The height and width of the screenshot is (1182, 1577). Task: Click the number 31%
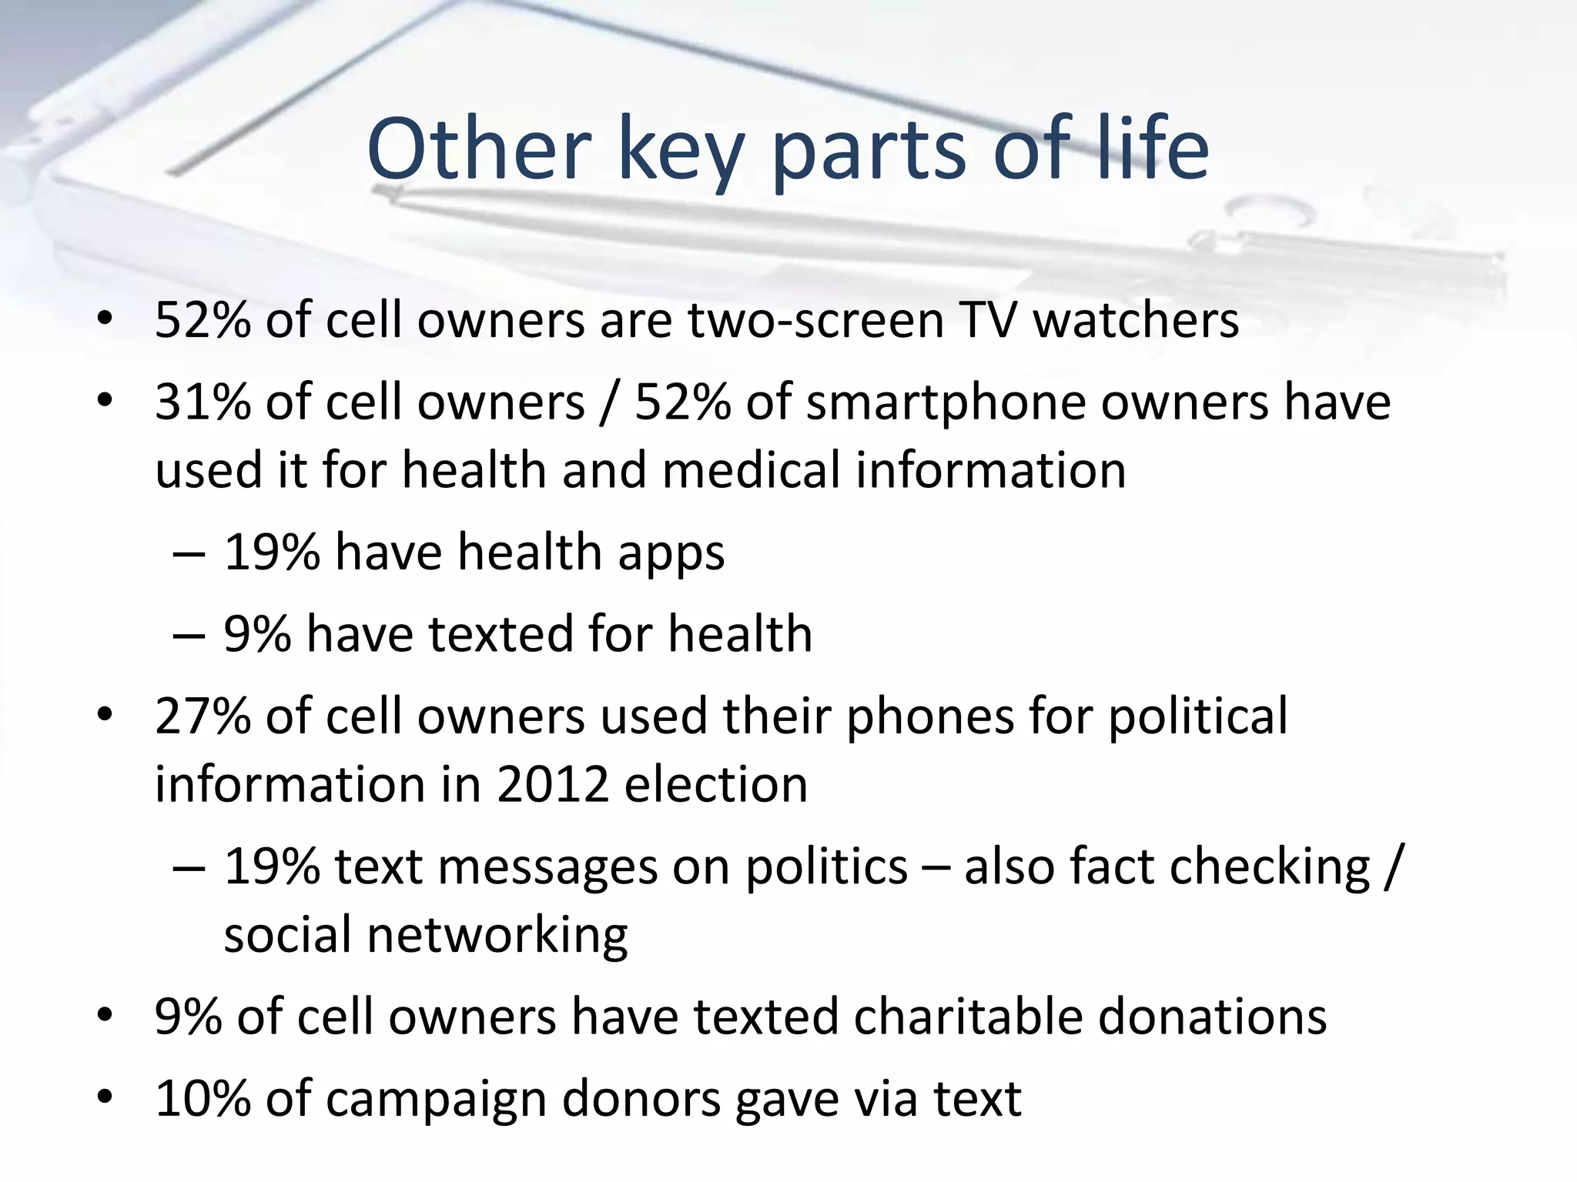203,402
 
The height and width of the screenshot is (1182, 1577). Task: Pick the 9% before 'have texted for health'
257,634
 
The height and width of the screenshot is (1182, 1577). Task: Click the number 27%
203,716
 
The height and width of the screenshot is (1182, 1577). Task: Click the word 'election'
716,785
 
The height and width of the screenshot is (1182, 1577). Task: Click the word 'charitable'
967,1017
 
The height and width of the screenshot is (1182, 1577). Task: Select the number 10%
203,1099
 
